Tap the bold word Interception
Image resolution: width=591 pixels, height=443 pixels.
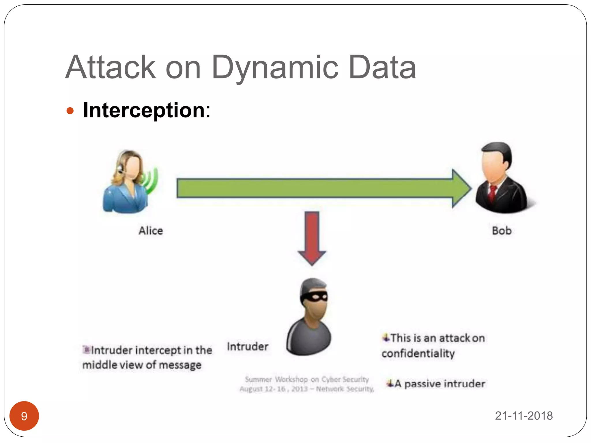pyautogui.click(x=144, y=110)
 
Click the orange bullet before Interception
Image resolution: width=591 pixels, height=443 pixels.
pyautogui.click(x=70, y=111)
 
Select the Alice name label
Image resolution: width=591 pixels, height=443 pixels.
pyautogui.click(x=151, y=231)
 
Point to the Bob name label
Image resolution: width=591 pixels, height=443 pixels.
pyautogui.click(x=502, y=231)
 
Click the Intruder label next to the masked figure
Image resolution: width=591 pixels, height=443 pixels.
pyautogui.click(x=248, y=346)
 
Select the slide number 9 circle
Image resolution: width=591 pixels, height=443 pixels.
pyautogui.click(x=24, y=416)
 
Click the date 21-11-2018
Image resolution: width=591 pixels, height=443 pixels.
pyautogui.click(x=523, y=416)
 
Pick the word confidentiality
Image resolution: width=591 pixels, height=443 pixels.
pyautogui.click(x=418, y=353)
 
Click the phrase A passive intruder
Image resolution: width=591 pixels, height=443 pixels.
pyautogui.click(x=440, y=384)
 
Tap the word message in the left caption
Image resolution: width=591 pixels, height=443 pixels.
pyautogui.click(x=180, y=365)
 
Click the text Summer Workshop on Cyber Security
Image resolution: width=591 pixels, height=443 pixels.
pyautogui.click(x=307, y=379)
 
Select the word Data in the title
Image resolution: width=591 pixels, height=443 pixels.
pyautogui.click(x=382, y=68)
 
